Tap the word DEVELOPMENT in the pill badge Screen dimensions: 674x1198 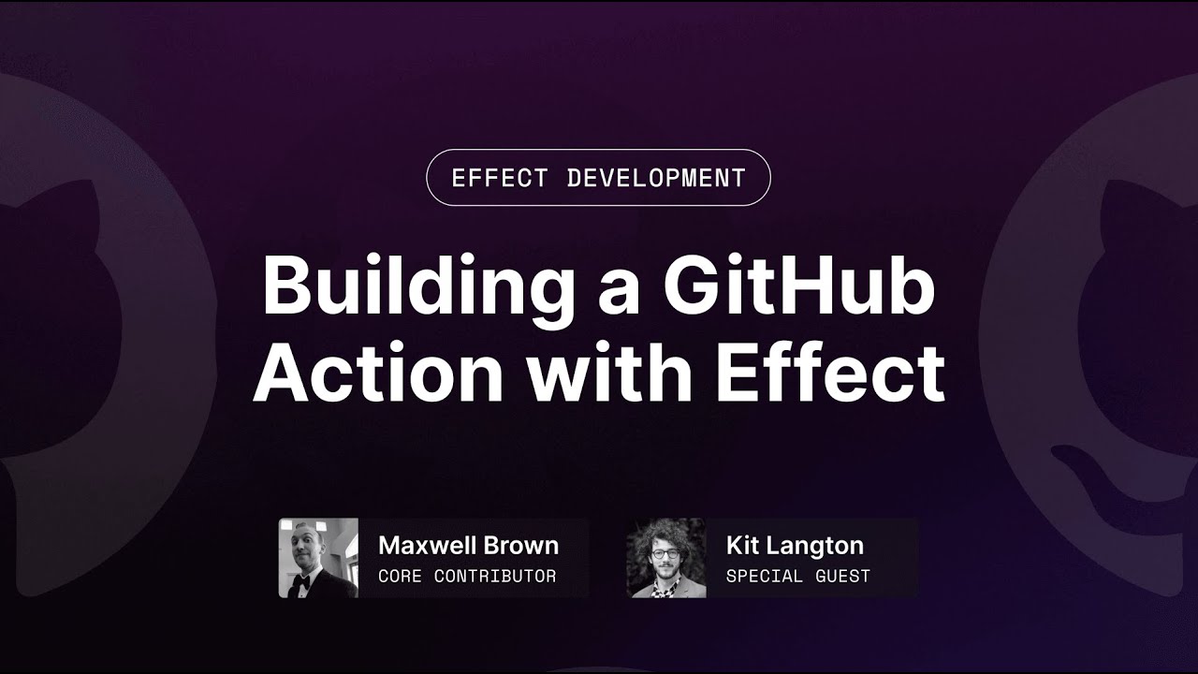[656, 178]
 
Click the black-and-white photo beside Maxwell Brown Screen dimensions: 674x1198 [318, 558]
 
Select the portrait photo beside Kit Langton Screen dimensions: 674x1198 [666, 558]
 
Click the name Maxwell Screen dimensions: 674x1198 [428, 546]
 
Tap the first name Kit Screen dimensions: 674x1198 [743, 546]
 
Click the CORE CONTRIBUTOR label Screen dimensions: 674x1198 [467, 577]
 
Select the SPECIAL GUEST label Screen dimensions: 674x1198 [797, 577]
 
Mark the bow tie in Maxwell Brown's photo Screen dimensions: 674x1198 [300, 581]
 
